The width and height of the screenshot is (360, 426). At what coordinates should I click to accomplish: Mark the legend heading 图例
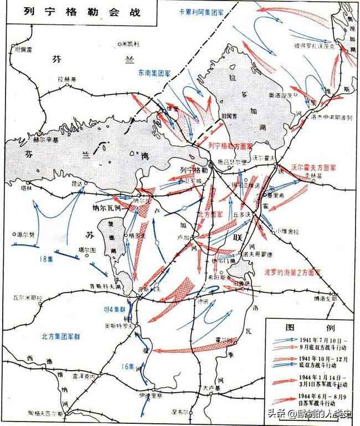coord(308,326)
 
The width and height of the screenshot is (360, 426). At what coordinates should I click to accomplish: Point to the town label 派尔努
coord(26,234)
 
